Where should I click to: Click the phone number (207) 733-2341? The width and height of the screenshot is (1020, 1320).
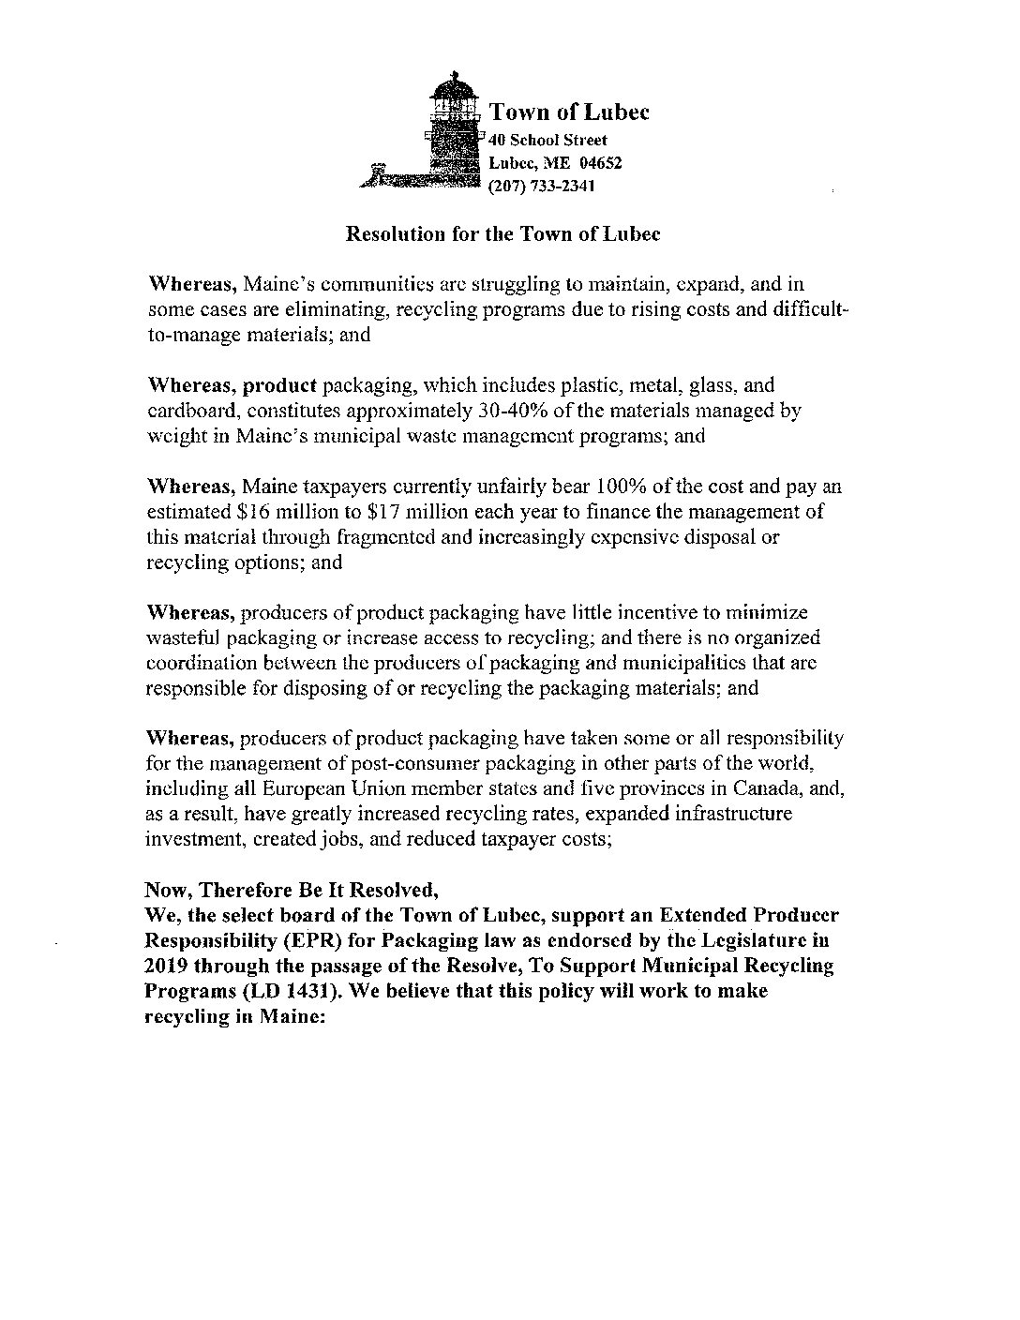[542, 186]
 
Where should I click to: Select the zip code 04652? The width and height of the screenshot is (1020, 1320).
[600, 162]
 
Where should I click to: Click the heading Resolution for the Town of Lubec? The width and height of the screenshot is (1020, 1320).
[503, 233]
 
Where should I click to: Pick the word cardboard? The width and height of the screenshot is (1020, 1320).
[187, 410]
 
